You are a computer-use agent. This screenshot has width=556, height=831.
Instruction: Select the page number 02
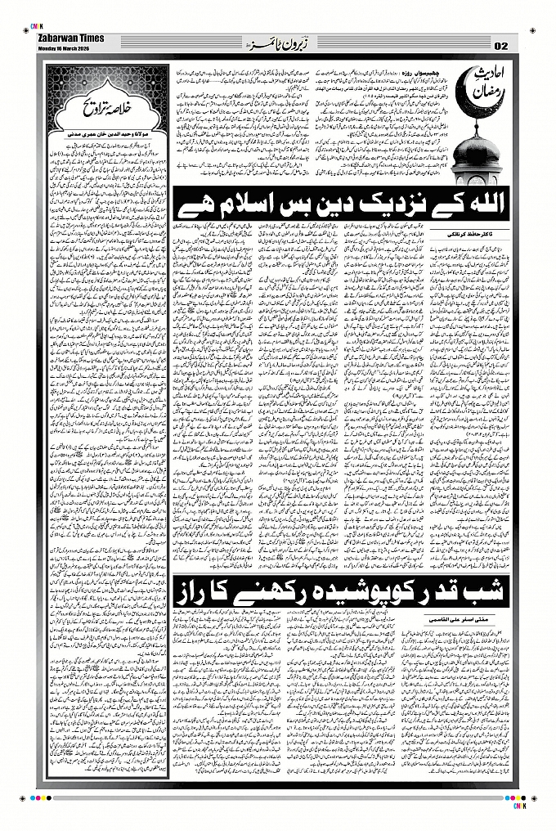tap(500, 44)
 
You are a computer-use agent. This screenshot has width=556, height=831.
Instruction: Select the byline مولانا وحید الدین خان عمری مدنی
tap(105, 130)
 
